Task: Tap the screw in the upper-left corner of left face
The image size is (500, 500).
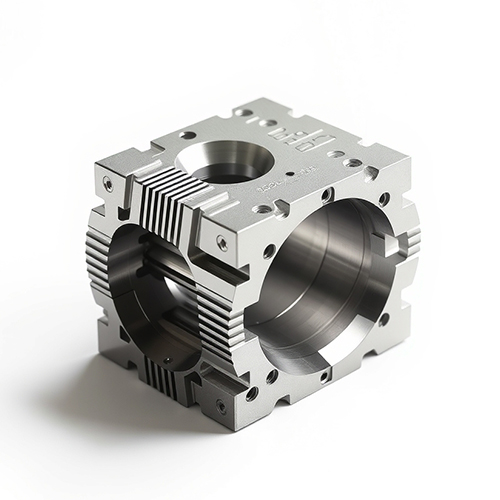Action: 107,182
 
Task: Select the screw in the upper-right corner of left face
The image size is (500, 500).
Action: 221,242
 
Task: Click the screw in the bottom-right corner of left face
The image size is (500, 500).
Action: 220,406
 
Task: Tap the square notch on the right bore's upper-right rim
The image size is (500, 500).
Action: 391,240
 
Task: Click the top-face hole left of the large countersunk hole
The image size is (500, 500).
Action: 187,135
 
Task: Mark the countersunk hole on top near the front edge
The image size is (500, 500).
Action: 261,210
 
